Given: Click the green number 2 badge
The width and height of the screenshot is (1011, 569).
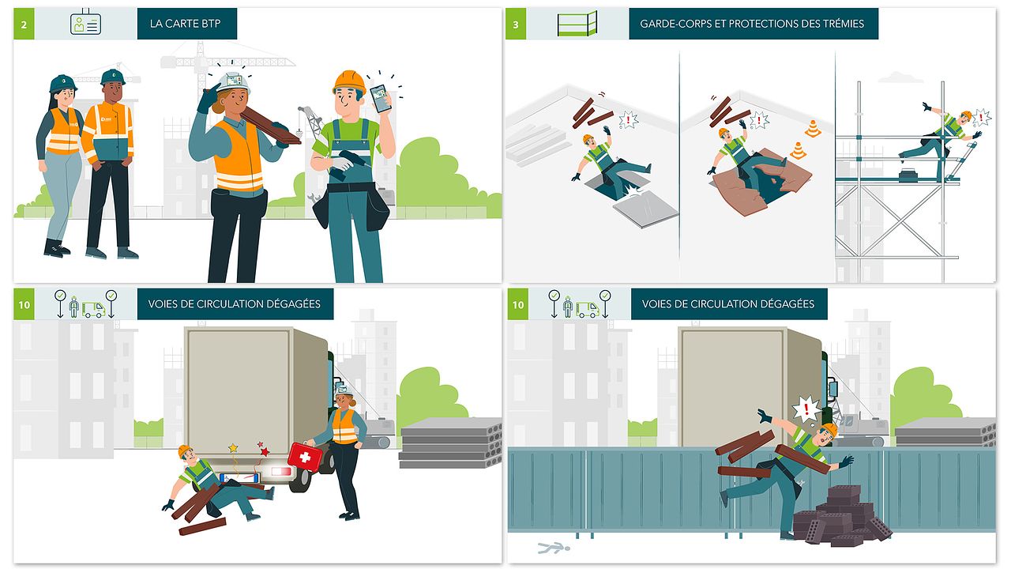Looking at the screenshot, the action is [x=24, y=24].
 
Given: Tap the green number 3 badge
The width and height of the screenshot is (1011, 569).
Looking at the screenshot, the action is [x=516, y=24].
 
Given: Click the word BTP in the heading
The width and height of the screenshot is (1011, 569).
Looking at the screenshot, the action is [x=211, y=24].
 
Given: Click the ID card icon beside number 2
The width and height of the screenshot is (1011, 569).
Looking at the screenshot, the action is [x=85, y=23].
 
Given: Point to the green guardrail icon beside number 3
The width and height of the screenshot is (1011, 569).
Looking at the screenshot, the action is [x=577, y=24].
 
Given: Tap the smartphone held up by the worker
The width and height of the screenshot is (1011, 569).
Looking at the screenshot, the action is [x=381, y=98].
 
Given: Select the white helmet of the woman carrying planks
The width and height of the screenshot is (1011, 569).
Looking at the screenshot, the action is [x=233, y=82].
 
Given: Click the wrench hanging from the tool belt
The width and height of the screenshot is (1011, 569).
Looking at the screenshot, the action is [x=314, y=198].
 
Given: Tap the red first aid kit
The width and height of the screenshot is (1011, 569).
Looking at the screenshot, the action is [x=305, y=457].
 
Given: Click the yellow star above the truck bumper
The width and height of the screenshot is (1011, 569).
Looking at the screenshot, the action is [x=233, y=448].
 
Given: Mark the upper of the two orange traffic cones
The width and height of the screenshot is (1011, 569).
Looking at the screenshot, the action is [x=813, y=129].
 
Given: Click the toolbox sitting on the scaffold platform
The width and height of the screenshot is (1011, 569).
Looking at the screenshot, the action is [x=908, y=175].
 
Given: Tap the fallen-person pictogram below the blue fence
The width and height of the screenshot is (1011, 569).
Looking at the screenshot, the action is [x=554, y=548].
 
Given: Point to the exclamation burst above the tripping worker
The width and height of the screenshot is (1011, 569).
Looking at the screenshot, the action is [x=806, y=409].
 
